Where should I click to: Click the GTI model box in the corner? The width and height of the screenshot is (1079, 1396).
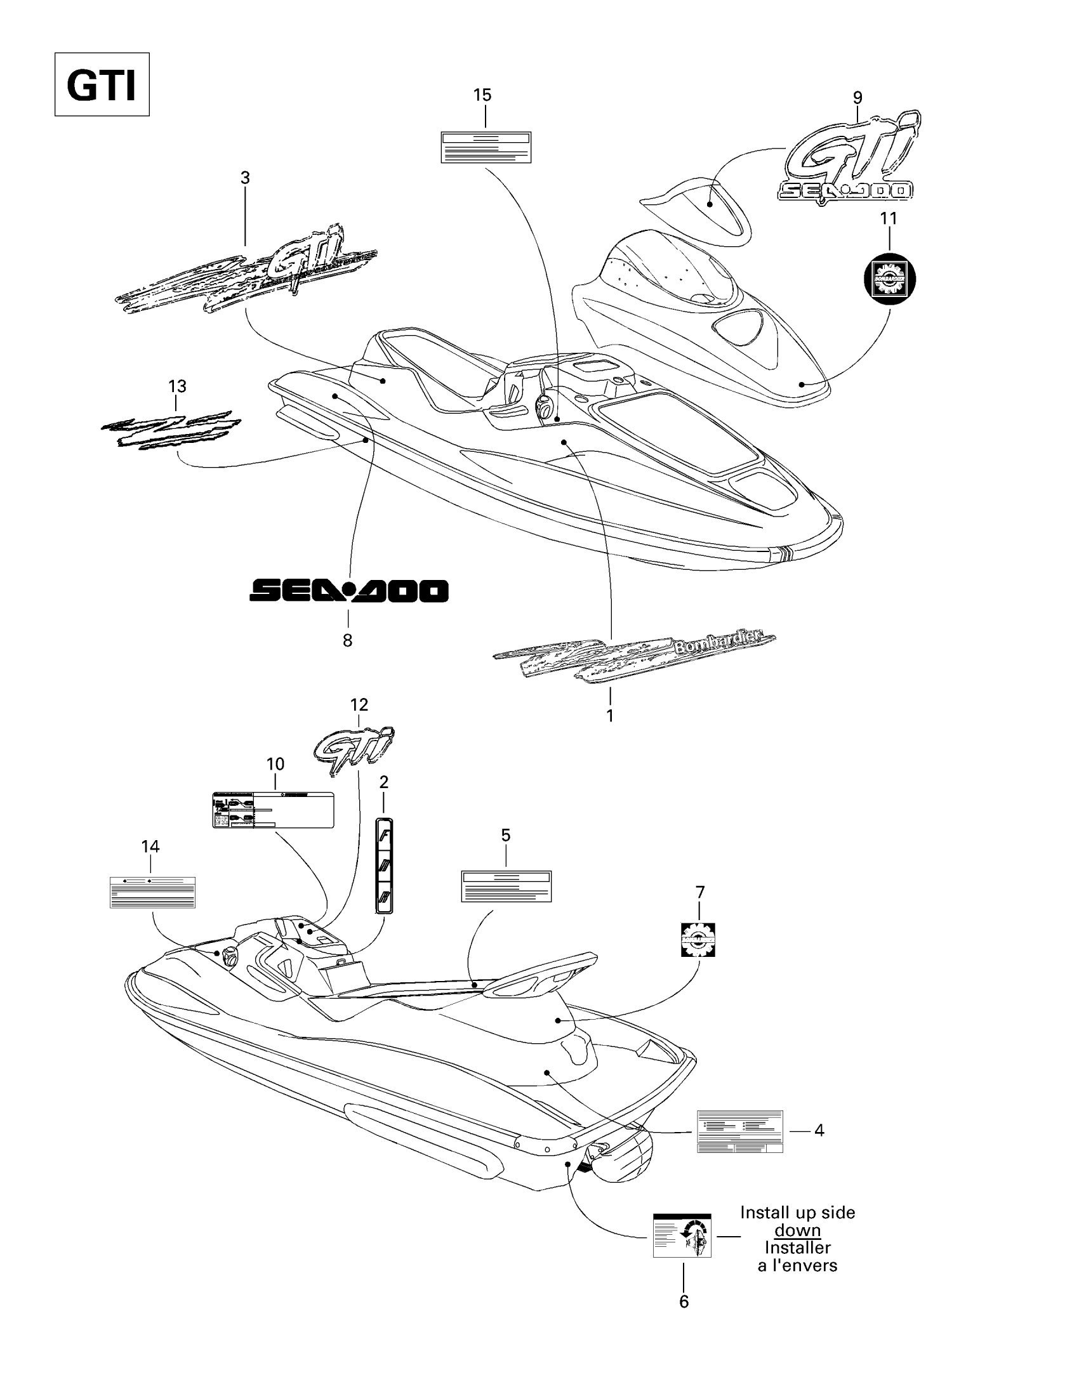point(102,84)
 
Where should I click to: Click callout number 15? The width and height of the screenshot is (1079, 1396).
point(482,95)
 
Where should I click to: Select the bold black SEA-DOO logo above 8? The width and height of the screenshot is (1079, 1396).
point(348,591)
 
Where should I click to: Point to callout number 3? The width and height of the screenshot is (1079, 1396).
point(245,178)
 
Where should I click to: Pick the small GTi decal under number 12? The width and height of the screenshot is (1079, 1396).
point(354,750)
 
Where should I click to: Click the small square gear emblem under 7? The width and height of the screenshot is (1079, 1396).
point(698,940)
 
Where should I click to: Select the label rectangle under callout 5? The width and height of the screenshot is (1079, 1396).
point(506,886)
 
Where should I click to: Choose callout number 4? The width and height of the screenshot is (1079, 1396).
point(819,1130)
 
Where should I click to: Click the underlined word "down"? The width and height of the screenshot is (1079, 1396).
point(797,1230)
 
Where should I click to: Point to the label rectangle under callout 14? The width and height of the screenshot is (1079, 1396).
point(152,892)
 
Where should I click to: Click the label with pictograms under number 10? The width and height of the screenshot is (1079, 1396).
point(273,810)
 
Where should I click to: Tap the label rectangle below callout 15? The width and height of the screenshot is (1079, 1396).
point(486,147)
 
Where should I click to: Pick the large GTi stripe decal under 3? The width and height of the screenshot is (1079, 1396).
point(246,270)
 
